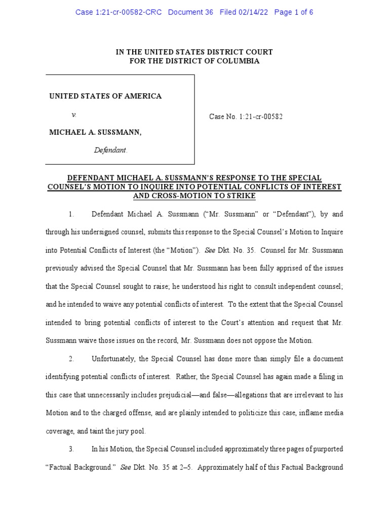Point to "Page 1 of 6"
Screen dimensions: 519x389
pos(294,12)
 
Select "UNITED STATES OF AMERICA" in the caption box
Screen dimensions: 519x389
pos(105,96)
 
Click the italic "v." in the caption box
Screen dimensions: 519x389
pos(74,115)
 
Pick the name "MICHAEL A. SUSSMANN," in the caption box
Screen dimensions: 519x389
pos(95,132)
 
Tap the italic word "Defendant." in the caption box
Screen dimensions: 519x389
pos(111,150)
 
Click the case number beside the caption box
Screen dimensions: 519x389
pos(246,117)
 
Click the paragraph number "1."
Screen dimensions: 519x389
pos(72,214)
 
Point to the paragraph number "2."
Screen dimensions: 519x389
pos(72,359)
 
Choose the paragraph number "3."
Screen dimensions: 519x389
pos(72,449)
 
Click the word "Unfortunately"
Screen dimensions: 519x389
pos(113,359)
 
